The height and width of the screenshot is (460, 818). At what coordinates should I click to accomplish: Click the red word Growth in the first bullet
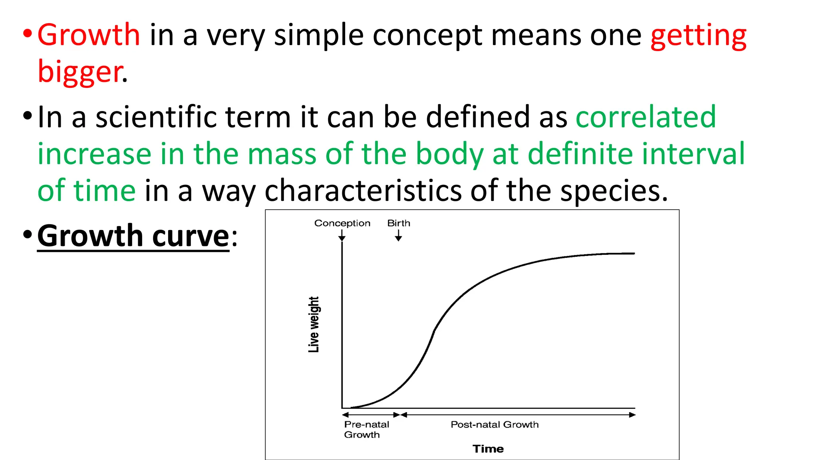coord(89,35)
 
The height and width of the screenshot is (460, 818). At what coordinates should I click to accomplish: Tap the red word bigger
coord(80,72)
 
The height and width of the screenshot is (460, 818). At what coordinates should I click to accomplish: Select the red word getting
coord(698,36)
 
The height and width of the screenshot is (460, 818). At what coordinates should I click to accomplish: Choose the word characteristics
coord(363,190)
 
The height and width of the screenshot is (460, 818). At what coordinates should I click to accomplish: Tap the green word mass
coord(282,154)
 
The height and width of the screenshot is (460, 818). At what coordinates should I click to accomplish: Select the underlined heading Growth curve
coord(133,236)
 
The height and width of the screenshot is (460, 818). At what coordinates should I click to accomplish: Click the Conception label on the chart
coord(342,223)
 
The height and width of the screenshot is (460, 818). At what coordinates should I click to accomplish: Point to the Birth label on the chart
coord(399,223)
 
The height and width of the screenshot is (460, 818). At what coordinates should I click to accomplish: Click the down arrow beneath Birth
coord(398,236)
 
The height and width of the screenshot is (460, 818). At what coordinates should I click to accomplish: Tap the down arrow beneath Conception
coord(342,236)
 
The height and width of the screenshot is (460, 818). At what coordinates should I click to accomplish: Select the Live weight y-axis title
coord(314,324)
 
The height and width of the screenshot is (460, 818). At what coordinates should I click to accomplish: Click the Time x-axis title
coord(488,449)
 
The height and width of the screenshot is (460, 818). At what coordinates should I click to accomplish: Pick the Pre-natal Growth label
coord(366,429)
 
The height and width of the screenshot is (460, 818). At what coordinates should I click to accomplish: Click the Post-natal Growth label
coord(494,424)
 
